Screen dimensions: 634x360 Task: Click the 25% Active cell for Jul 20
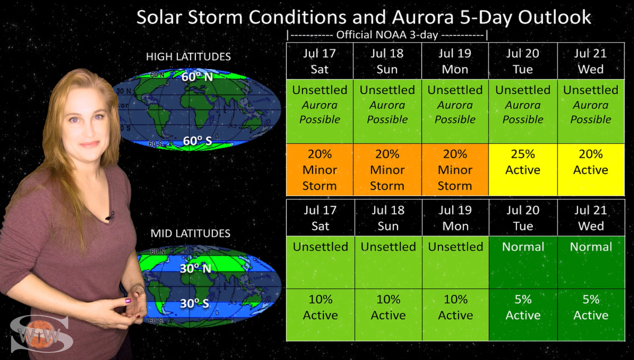tap(523, 170)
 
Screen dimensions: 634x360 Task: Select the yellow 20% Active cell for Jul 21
tap(591, 170)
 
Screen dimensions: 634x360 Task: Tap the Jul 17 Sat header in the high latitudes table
tap(320, 61)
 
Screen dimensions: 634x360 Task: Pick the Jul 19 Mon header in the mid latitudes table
tap(456, 218)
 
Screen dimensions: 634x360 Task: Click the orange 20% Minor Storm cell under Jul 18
tap(387, 170)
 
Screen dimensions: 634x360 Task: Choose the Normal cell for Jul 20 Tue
tap(523, 262)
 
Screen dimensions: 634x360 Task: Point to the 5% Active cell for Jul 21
tap(591, 315)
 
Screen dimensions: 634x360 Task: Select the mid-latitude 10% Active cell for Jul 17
tap(320, 315)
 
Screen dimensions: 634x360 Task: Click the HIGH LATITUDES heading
tap(188, 57)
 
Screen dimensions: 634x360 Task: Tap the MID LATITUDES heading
tap(190, 233)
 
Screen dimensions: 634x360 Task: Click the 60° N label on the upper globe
tap(197, 77)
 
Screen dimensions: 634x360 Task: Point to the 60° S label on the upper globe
tap(197, 141)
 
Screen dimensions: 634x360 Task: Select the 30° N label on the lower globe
tap(195, 268)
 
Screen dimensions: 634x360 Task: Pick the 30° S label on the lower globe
tap(195, 303)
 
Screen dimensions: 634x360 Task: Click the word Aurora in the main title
tap(423, 17)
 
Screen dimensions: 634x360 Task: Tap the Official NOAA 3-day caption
tap(387, 35)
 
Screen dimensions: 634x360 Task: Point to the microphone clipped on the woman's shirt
tap(110, 216)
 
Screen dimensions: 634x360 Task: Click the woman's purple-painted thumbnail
tap(128, 301)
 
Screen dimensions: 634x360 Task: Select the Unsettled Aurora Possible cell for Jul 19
tap(455, 111)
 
